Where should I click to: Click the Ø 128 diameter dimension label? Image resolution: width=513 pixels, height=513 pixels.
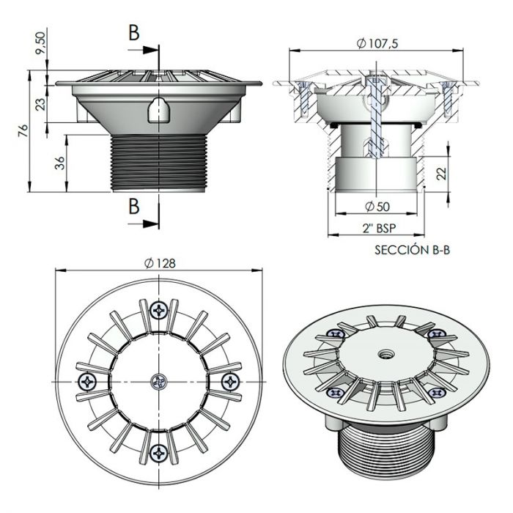(160, 263)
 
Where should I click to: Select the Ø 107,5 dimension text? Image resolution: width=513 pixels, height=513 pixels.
(377, 43)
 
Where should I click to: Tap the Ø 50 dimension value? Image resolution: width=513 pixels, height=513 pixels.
(377, 207)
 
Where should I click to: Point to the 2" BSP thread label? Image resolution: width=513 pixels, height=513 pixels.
(379, 228)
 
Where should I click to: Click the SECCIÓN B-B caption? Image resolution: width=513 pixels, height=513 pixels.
(412, 250)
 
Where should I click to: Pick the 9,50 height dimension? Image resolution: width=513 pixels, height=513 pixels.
(40, 43)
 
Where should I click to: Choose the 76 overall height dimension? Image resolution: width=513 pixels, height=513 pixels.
(23, 130)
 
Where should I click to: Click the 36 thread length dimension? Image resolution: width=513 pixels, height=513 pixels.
(60, 163)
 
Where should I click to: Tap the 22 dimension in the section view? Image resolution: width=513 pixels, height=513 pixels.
(441, 173)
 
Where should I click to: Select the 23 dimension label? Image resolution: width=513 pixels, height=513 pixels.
(41, 104)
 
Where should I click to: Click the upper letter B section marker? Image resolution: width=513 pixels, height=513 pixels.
(134, 33)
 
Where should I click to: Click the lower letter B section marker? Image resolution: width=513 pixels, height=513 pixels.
(134, 206)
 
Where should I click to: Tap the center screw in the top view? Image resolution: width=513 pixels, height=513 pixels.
(159, 382)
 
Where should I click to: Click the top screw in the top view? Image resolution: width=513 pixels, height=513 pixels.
(159, 309)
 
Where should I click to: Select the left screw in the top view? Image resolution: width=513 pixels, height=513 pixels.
(87, 382)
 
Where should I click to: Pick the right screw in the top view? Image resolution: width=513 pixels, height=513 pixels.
(231, 382)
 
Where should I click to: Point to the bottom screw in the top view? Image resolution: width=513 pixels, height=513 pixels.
(159, 453)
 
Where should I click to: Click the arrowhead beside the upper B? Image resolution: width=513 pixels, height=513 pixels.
(150, 50)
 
